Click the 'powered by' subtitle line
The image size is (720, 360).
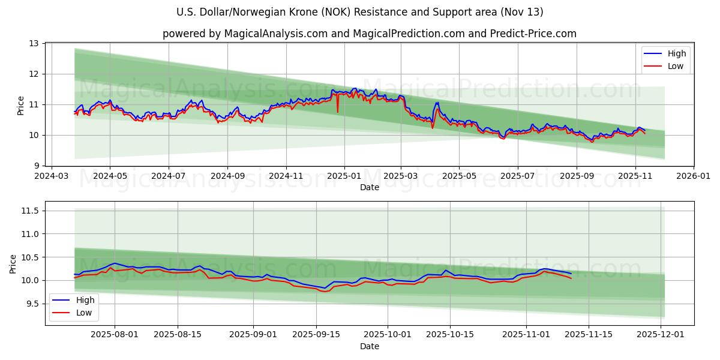369,34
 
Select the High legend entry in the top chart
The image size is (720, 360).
666,53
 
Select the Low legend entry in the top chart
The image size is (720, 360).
666,66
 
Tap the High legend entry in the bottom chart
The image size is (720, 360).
74,300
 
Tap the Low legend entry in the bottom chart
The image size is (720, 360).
74,313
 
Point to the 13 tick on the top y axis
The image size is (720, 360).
34,44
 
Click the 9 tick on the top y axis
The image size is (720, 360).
36,166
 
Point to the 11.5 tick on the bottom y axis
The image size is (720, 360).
29,211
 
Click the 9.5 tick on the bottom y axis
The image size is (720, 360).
32,304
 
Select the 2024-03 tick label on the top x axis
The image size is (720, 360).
52,176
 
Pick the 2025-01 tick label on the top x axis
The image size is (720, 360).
344,176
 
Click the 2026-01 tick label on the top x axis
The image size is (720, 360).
694,176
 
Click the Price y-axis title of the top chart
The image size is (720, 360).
21,105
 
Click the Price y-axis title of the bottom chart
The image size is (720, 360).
13,263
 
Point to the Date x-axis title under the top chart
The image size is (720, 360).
369,187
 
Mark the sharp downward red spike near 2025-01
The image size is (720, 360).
338,112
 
